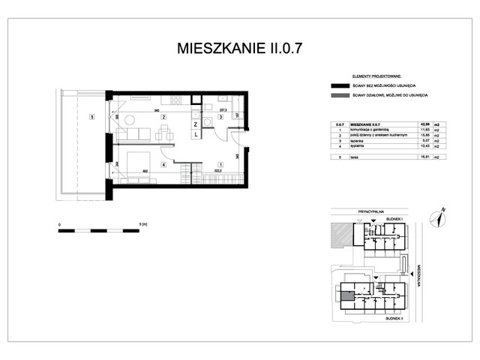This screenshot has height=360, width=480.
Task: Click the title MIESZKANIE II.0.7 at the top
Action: pos(240,49)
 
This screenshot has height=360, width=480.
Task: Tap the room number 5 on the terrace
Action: pos(91,117)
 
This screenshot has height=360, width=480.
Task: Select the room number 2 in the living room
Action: pos(163,117)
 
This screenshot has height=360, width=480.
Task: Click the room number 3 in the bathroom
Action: pos(220,117)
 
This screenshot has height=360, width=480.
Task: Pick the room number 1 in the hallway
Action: pos(220,164)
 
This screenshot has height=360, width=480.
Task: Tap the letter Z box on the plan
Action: pos(195,124)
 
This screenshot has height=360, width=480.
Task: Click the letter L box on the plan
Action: pos(195,135)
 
